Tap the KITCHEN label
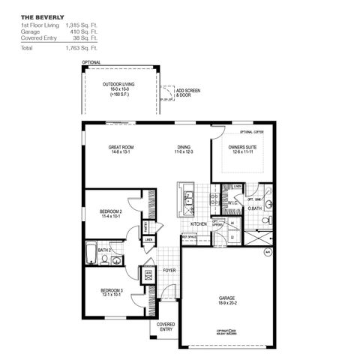(198, 223)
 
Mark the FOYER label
(169, 270)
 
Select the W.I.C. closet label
(232, 202)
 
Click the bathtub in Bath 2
(90, 254)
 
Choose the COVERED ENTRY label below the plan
(166, 327)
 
